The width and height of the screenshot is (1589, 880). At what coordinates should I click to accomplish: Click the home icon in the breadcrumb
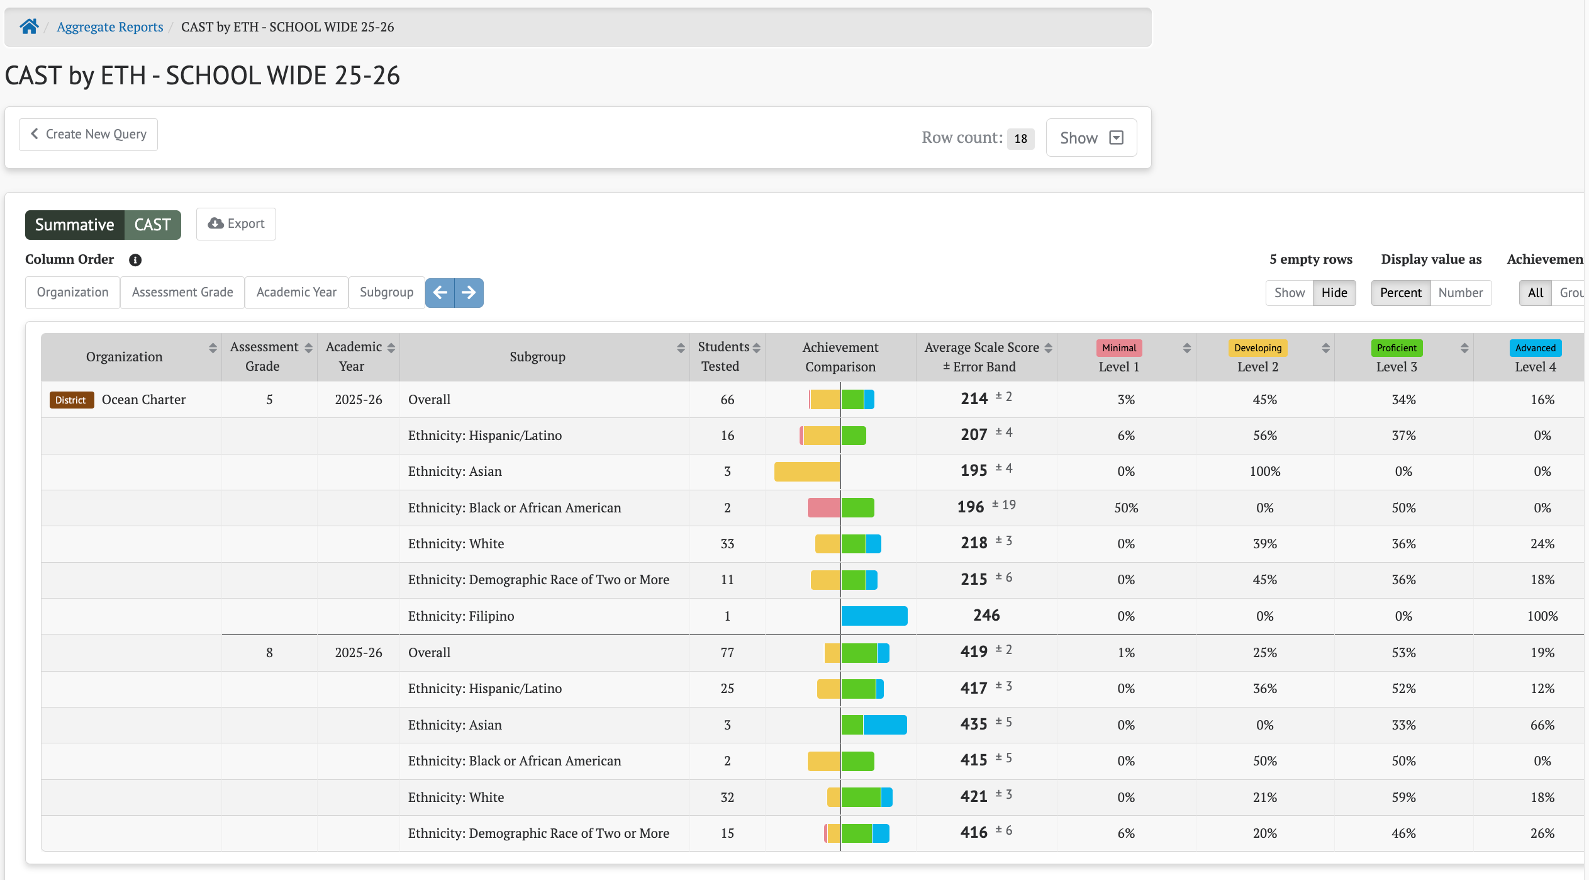[x=29, y=26]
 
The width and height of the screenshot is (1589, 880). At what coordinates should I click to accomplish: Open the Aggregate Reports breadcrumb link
[x=110, y=27]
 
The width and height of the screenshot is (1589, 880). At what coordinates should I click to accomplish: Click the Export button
[x=236, y=224]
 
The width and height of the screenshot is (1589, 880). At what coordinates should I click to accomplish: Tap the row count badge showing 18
[x=1020, y=138]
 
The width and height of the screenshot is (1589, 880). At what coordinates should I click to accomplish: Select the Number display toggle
[x=1460, y=293]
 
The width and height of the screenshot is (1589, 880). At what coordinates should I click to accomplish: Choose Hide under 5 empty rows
[x=1334, y=293]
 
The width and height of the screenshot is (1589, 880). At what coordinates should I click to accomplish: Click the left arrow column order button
[x=440, y=293]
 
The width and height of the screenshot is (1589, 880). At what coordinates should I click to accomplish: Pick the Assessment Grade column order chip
[x=182, y=293]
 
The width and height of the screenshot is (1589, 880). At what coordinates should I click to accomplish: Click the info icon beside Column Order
[x=135, y=260]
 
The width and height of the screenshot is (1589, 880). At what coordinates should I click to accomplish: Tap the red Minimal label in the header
[x=1119, y=348]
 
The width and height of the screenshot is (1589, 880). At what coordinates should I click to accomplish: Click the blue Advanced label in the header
[x=1535, y=348]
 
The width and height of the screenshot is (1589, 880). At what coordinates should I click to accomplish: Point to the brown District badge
[x=71, y=400]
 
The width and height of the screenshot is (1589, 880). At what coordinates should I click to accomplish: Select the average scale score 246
[x=986, y=616]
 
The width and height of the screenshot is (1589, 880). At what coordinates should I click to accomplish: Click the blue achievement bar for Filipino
[x=874, y=616]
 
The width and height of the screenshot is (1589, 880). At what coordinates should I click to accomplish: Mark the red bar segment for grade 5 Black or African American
[x=823, y=507]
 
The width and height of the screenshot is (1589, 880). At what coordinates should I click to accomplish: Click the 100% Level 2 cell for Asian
[x=1265, y=471]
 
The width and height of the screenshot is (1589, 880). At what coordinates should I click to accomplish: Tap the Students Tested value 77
[x=727, y=653]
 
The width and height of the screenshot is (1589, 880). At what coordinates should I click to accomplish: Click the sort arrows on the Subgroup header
[x=681, y=348]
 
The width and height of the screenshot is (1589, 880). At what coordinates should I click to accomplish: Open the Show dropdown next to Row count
[x=1091, y=138]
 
